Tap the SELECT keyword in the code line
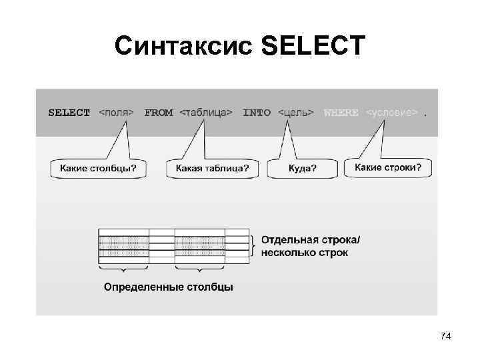pos(69,113)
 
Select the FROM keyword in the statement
pos(158,113)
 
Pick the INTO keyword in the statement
pos(257,113)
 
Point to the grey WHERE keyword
pos(341,113)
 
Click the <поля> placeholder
pos(117,113)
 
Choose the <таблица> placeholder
pos(206,113)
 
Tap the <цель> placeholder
pos(296,113)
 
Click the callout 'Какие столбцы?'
pos(98,169)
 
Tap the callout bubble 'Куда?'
pos(302,169)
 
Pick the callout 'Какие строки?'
pos(387,167)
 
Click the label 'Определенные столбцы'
pos(168,287)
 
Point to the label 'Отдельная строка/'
pos(311,239)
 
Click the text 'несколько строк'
pos(305,253)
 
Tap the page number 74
pos(446,337)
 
